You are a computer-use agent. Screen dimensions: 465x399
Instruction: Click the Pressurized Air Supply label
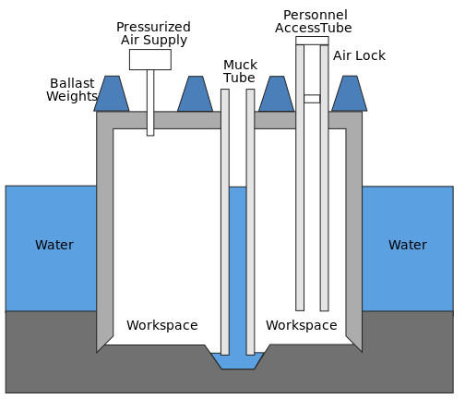coord(153,33)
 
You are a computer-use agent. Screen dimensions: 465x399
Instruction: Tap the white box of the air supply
coord(150,60)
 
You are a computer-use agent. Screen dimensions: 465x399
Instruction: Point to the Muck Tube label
coord(240,71)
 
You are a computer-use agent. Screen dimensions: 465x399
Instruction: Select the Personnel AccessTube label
coord(314,21)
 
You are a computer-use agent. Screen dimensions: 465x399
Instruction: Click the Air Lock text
coord(359,55)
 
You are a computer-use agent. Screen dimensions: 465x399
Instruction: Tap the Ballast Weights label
coord(72,90)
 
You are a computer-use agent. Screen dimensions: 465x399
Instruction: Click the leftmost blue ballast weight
coord(112,93)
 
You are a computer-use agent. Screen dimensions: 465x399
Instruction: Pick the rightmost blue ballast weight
coord(350,93)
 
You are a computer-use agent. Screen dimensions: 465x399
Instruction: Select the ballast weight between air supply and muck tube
coord(195,93)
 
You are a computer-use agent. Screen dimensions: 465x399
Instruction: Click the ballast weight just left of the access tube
coord(277,93)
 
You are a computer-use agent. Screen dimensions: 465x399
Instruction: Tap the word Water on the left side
coord(54,245)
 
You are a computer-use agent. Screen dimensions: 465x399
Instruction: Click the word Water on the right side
coord(408,245)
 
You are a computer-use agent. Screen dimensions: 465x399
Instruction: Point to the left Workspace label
coord(162,325)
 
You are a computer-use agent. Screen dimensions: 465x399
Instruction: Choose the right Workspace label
coord(302,325)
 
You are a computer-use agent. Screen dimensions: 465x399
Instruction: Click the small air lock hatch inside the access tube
coord(312,99)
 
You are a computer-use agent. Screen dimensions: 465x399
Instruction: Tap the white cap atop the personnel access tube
coord(312,41)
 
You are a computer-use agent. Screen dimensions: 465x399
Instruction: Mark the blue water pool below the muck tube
coord(238,361)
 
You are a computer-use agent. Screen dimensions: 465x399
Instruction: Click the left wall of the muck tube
coord(225,222)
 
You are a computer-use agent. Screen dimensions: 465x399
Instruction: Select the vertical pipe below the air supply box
coord(150,103)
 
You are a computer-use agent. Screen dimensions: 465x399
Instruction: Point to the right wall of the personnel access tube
coord(324,178)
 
